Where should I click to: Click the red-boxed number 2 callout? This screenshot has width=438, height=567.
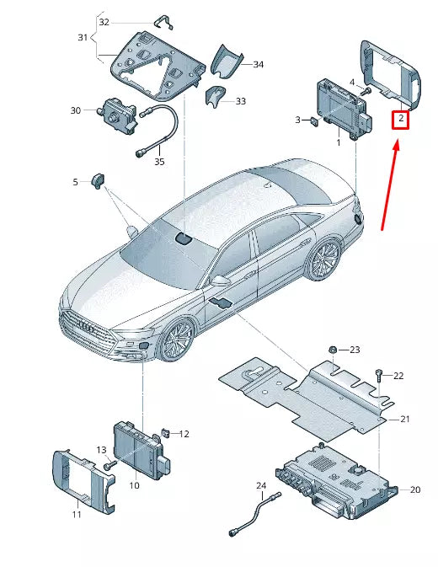click(400, 119)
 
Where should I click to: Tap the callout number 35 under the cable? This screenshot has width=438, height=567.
click(159, 162)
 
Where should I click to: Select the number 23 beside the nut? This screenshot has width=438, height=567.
click(355, 350)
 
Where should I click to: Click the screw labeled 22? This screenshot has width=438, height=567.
click(378, 375)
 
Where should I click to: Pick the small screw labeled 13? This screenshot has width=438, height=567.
click(110, 465)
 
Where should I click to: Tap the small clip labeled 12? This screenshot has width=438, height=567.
click(166, 432)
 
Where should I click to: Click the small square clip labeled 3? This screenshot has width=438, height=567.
click(314, 121)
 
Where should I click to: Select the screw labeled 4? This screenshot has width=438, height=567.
click(365, 92)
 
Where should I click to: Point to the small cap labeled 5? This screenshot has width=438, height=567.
click(98, 180)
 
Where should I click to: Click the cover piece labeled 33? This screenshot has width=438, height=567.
click(215, 96)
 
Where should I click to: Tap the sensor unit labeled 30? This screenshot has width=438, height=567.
click(117, 112)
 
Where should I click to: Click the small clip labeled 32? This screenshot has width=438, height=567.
click(163, 23)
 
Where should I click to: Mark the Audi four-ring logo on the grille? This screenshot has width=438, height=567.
click(86, 327)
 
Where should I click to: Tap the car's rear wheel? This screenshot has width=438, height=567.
click(323, 259)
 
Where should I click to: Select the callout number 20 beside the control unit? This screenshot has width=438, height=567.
click(415, 489)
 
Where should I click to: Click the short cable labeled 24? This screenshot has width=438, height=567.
click(255, 513)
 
